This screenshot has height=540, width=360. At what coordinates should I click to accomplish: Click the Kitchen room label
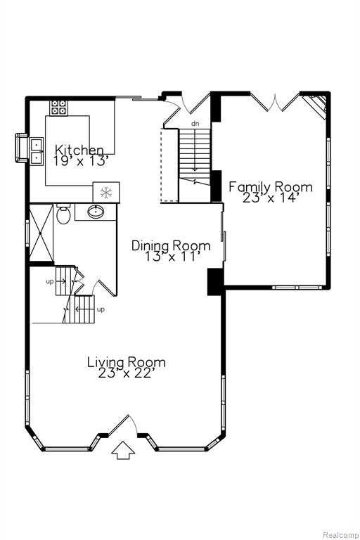[79, 150]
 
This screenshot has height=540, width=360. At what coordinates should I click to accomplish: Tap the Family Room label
[271, 187]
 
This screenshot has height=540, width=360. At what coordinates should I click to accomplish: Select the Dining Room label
[171, 246]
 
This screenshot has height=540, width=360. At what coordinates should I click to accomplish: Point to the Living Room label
[126, 362]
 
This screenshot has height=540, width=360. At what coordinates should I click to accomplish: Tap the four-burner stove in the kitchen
[59, 107]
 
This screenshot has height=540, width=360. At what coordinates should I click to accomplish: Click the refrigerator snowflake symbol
[106, 193]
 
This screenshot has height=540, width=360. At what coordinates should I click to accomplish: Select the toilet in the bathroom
[63, 214]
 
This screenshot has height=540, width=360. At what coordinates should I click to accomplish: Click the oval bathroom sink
[96, 212]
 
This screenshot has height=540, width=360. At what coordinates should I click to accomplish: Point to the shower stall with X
[41, 233]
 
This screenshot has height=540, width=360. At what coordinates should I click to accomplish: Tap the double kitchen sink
[36, 152]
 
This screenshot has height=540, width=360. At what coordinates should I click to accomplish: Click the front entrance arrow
[123, 451]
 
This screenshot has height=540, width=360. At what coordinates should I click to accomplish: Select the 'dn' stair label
[195, 123]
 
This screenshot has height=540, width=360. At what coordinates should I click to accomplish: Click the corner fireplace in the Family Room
[316, 105]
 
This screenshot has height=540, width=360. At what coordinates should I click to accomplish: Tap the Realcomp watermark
[340, 535]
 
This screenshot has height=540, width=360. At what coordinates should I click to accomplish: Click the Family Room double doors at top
[275, 102]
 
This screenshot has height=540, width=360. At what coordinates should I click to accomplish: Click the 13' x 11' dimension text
[172, 257]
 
